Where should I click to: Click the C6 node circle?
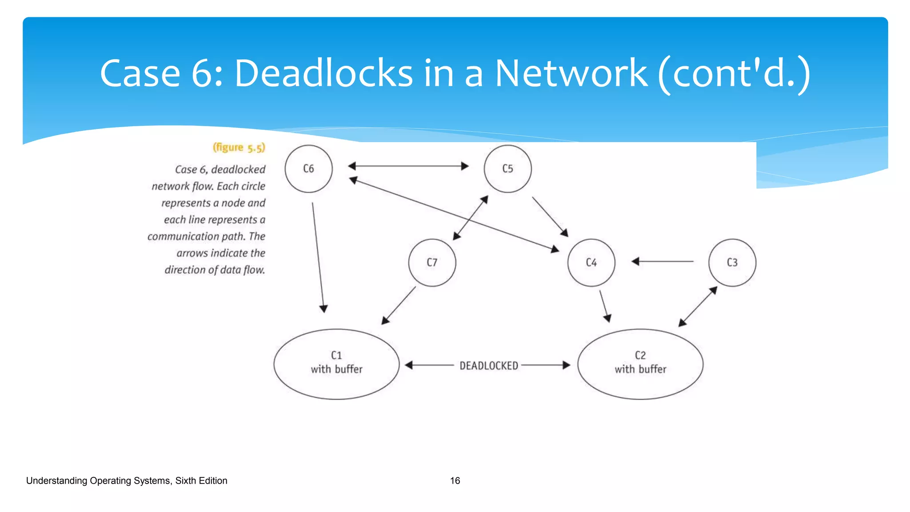pos(308,169)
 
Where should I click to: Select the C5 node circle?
pos(507,169)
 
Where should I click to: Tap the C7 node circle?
pos(432,263)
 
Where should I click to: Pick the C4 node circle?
pos(591,263)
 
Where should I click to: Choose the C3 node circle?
pos(732,263)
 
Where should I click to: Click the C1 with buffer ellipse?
pos(336,364)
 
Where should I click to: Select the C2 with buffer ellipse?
pos(640,364)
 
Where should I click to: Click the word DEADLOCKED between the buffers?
pos(489,366)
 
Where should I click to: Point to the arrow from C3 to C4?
pos(662,261)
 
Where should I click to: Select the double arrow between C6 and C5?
pos(408,166)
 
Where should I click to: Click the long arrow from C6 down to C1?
pos(318,258)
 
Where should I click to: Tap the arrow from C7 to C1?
pos(399,305)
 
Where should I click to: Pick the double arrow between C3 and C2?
pos(698,307)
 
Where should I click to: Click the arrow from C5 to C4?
pos(550,216)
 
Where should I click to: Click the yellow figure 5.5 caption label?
pos(239,148)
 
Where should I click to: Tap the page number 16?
pos(455,480)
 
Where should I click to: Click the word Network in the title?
pos(571,73)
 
